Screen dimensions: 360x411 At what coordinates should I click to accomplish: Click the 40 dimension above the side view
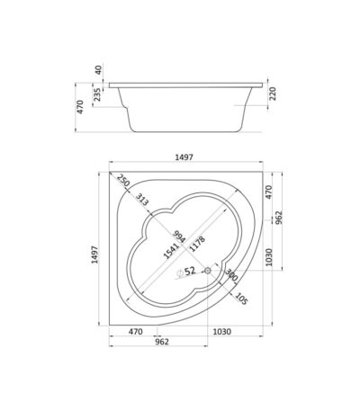point(98,69)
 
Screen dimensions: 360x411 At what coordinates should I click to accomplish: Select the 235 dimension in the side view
point(97,94)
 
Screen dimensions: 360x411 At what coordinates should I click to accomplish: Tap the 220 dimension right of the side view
point(273,94)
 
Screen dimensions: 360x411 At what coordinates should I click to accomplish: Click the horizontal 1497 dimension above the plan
point(184,157)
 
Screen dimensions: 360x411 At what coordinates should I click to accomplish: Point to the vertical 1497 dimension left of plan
point(94,255)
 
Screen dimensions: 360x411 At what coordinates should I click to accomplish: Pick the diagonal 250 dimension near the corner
point(123,180)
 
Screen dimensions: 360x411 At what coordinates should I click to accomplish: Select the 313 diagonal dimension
point(142,200)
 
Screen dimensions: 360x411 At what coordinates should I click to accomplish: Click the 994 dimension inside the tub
point(179,237)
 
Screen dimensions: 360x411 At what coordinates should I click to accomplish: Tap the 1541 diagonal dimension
point(171,250)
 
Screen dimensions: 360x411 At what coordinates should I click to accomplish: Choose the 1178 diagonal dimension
point(198,244)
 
